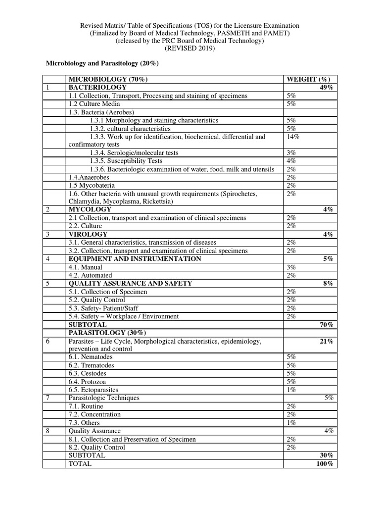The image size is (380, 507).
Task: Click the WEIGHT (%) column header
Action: click(x=308, y=79)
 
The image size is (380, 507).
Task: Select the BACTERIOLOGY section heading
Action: click(x=94, y=88)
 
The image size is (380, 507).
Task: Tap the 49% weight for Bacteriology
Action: click(x=327, y=88)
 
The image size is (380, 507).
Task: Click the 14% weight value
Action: click(x=293, y=137)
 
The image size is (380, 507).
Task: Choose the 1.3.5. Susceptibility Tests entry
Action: click(x=126, y=161)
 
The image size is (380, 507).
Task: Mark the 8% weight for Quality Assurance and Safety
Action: click(x=328, y=284)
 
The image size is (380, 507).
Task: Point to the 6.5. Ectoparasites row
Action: click(x=94, y=390)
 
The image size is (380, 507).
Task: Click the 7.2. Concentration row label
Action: click(x=94, y=414)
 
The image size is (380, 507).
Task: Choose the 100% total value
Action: click(x=325, y=464)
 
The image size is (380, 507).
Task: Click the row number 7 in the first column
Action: click(x=48, y=398)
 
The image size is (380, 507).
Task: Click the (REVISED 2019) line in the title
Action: click(x=190, y=49)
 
